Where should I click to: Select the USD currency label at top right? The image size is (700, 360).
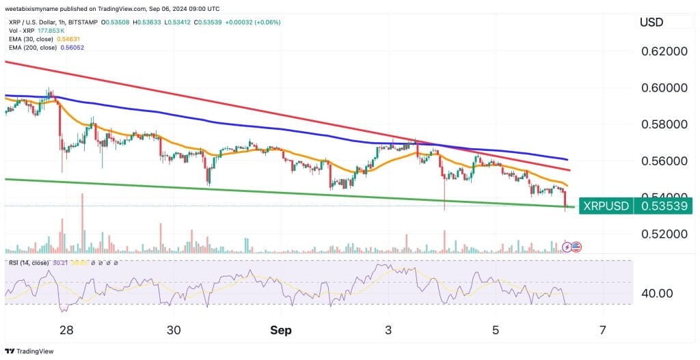click(x=651, y=23)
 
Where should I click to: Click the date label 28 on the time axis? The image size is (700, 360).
click(x=66, y=331)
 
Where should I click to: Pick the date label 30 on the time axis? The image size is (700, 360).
click(x=174, y=331)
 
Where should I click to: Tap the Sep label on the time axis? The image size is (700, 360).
click(x=280, y=331)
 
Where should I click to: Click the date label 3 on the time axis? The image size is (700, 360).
click(x=388, y=331)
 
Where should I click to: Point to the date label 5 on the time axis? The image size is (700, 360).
click(x=496, y=331)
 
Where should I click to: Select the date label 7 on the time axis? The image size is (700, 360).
click(x=602, y=331)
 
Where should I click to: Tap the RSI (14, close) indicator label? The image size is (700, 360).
click(x=31, y=262)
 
